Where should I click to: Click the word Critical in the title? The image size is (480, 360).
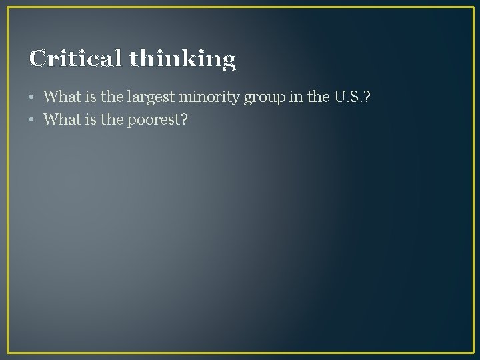point(75,59)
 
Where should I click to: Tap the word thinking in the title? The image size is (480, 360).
point(182,60)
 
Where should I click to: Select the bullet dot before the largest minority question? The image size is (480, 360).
point(32,97)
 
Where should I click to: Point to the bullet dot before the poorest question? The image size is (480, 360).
point(32,121)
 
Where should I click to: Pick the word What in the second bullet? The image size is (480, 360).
point(60,120)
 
